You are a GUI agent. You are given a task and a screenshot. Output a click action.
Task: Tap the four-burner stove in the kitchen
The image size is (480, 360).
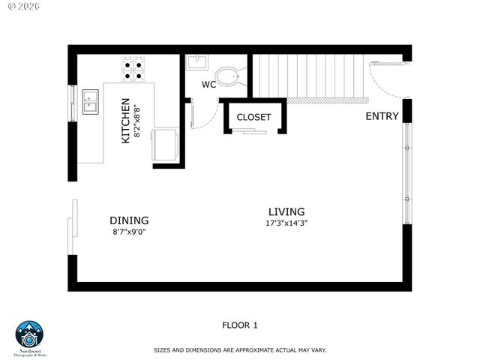point(134,68)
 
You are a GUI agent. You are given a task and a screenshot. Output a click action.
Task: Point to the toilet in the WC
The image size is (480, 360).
point(227,76)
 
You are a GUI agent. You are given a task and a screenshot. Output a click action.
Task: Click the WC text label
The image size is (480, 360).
point(209,85)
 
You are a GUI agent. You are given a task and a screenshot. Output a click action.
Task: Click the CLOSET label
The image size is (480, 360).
point(253,118)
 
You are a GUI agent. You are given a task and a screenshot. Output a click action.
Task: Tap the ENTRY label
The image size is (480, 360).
point(382,116)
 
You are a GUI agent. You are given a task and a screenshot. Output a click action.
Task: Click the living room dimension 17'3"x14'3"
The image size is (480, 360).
point(286,223)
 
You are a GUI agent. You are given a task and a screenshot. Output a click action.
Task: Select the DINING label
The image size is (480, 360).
point(129,220)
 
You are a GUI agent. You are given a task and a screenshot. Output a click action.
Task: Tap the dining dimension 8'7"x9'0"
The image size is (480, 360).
point(129,232)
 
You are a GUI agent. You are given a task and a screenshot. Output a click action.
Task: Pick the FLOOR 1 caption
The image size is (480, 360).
point(240,325)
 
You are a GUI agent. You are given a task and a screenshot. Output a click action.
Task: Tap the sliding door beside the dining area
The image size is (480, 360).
point(72,226)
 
